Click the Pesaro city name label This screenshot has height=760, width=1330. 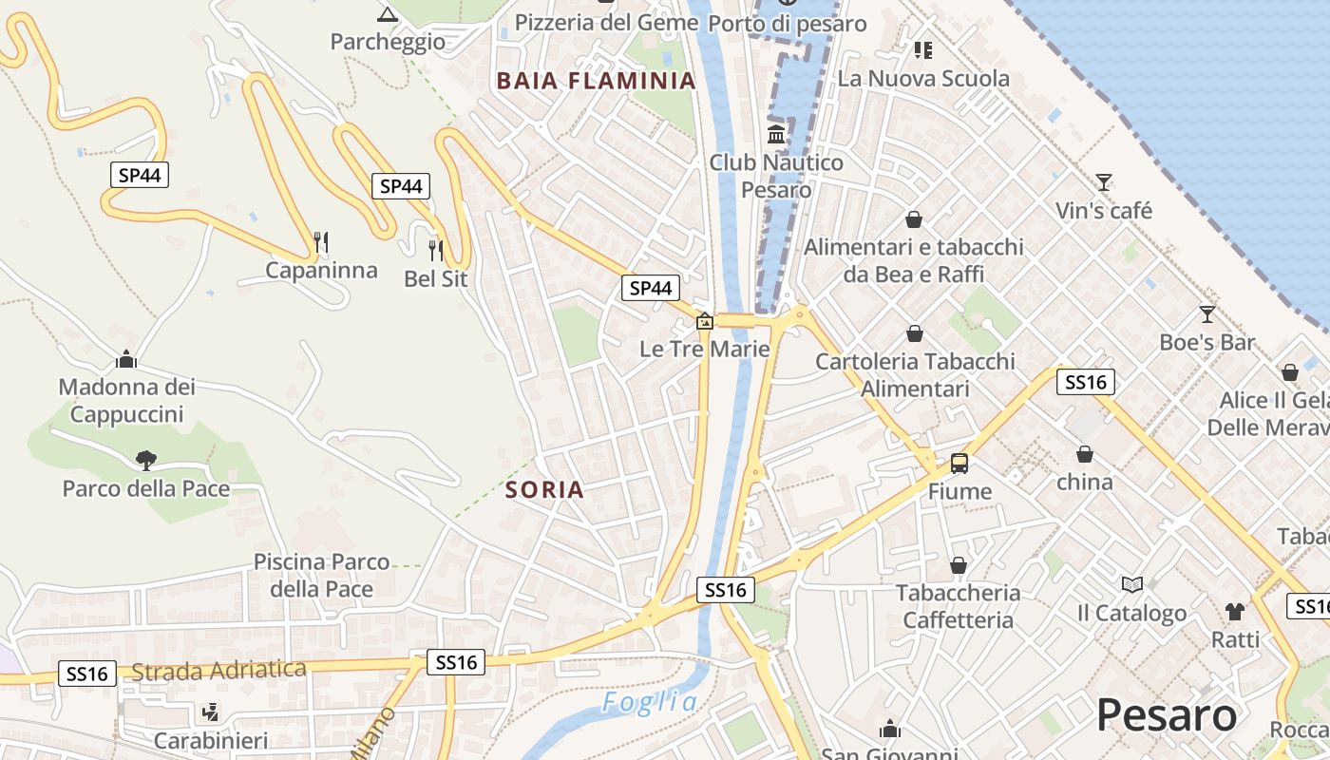tap(1167, 714)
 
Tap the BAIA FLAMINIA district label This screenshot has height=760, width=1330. tap(597, 81)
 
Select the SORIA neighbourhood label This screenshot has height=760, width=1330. tap(544, 490)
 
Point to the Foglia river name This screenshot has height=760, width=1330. tap(650, 703)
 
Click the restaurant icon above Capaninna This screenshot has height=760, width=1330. tap(321, 242)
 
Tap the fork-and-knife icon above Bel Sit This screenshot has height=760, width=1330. tap(435, 250)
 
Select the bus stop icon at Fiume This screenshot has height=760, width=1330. tap(959, 464)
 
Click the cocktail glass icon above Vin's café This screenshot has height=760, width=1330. tap(1103, 181)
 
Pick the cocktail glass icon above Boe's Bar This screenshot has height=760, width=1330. tap(1206, 313)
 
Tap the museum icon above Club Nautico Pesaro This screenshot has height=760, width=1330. tap(776, 134)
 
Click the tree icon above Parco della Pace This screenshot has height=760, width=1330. tap(145, 461)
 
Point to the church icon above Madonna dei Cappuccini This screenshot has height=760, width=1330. tap(126, 359)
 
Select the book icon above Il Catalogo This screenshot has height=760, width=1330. tap(1131, 584)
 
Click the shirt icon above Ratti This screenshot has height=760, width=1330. tap(1234, 611)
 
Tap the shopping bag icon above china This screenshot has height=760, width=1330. tap(1084, 454)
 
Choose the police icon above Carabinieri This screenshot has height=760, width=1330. tap(210, 712)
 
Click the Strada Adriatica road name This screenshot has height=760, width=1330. tap(218, 671)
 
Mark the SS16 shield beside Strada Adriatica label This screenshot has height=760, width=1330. tap(87, 674)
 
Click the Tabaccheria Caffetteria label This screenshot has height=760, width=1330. tap(959, 606)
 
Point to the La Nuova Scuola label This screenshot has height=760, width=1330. tap(923, 79)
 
